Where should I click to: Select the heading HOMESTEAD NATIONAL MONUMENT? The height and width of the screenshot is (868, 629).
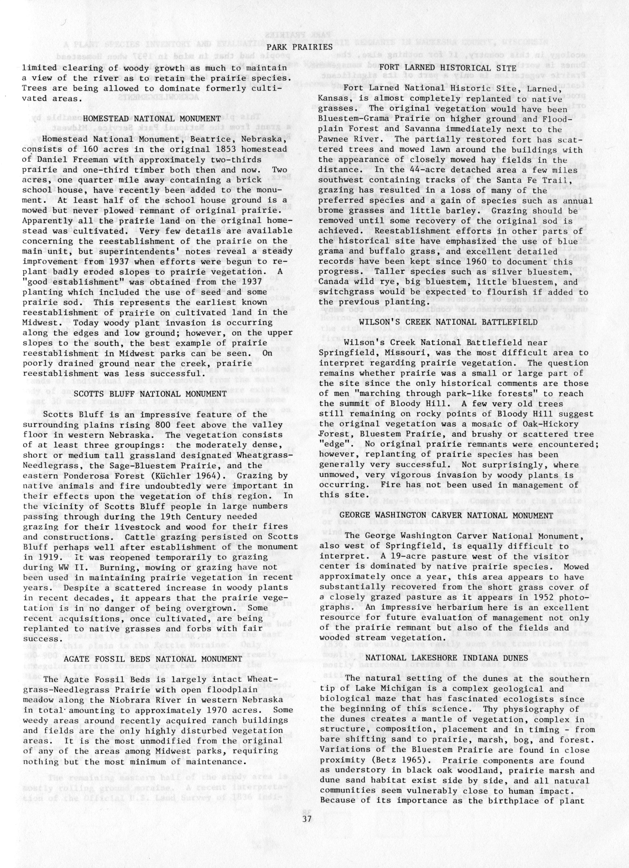tap(152, 119)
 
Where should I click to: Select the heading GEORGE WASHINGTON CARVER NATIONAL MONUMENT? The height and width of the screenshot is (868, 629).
tap(446, 516)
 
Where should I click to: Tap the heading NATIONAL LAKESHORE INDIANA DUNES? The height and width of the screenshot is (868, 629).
tap(447, 657)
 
